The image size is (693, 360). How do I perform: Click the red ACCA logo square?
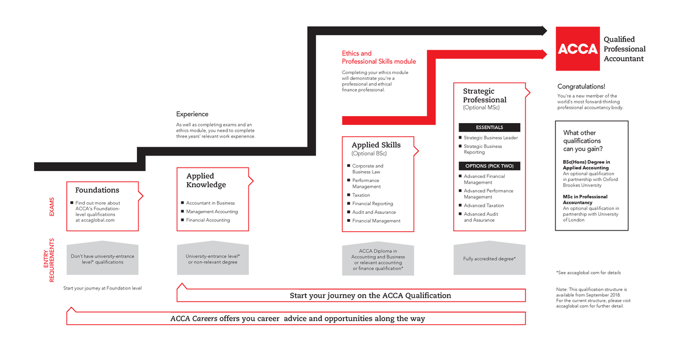(577, 49)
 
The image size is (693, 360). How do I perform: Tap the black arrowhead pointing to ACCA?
(543, 31)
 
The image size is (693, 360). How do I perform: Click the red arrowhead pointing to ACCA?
(543, 54)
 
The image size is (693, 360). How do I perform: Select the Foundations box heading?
(97, 190)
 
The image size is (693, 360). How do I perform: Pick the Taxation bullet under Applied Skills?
(361, 195)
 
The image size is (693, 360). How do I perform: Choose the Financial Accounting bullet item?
(208, 220)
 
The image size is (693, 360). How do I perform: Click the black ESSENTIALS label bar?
(489, 127)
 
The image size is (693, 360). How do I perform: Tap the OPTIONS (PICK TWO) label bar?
(489, 166)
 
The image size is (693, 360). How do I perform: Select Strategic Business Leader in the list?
(490, 138)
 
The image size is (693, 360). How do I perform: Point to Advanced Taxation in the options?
(483, 206)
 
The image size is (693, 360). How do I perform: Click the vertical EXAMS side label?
(51, 207)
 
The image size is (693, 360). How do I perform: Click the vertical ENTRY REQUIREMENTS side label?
(49, 260)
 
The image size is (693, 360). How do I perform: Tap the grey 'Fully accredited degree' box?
(490, 258)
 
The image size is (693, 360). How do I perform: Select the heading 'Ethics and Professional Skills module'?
(378, 57)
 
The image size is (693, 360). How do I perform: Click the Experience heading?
(192, 114)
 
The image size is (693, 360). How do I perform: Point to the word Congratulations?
(581, 87)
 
